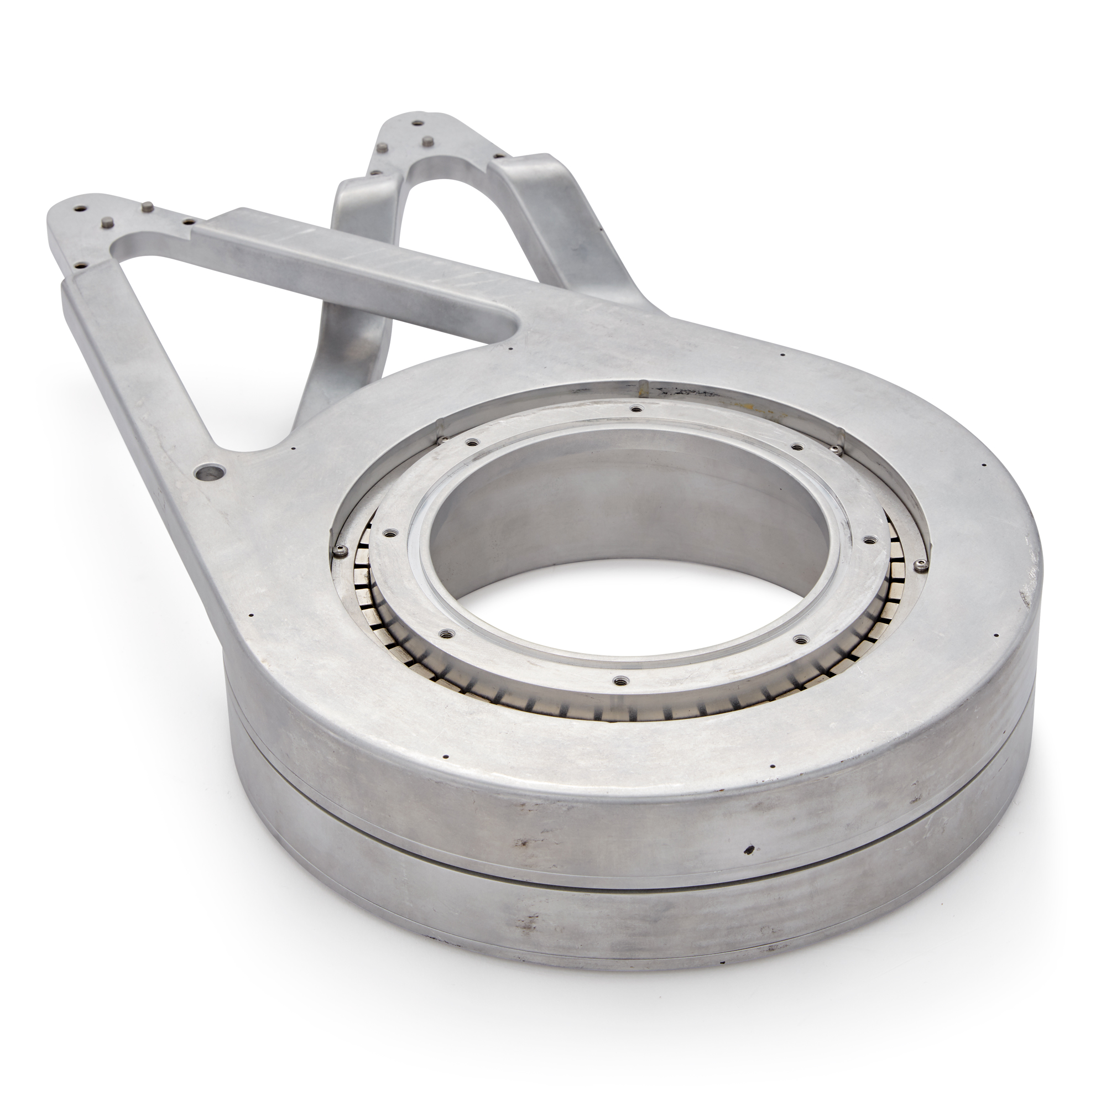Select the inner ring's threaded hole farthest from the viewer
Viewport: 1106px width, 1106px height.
click(635, 409)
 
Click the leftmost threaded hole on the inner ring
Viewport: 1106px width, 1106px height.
click(390, 533)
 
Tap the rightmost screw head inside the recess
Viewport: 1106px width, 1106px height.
click(921, 566)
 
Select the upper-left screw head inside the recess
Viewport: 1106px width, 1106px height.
click(441, 440)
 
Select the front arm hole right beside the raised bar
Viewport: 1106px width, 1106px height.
click(187, 218)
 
